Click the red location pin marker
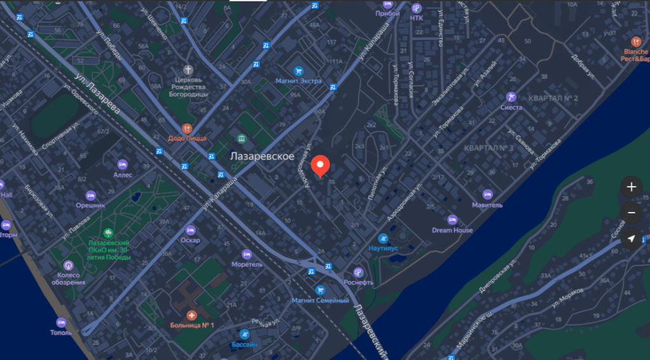321,165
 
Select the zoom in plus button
631,187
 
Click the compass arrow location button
631,239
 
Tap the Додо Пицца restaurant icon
187,128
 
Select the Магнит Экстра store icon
298,71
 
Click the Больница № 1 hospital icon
192,315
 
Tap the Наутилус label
383,248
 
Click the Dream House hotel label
452,230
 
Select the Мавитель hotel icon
487,194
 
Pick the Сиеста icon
511,97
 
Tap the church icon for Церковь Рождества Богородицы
188,69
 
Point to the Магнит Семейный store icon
320,290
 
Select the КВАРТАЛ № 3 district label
488,148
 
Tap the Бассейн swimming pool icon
244,334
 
